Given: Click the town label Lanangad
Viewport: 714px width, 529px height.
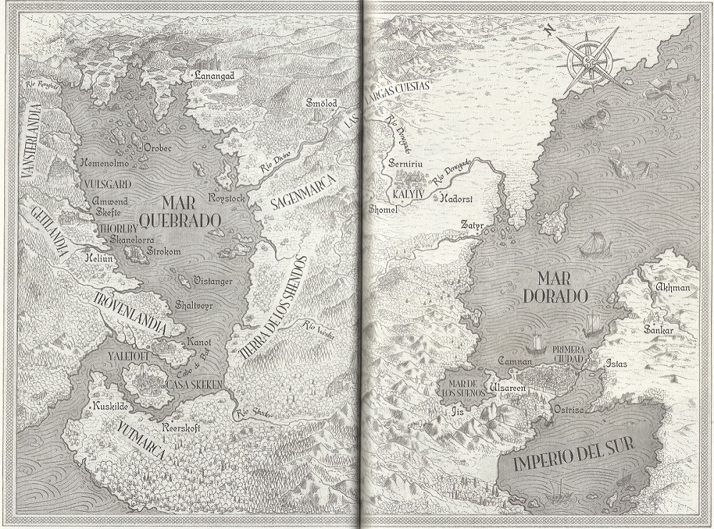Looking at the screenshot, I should click(x=214, y=74).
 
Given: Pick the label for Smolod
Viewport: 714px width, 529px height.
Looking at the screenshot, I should click(x=321, y=104).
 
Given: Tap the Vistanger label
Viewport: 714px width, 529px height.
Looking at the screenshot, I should click(x=211, y=282).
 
